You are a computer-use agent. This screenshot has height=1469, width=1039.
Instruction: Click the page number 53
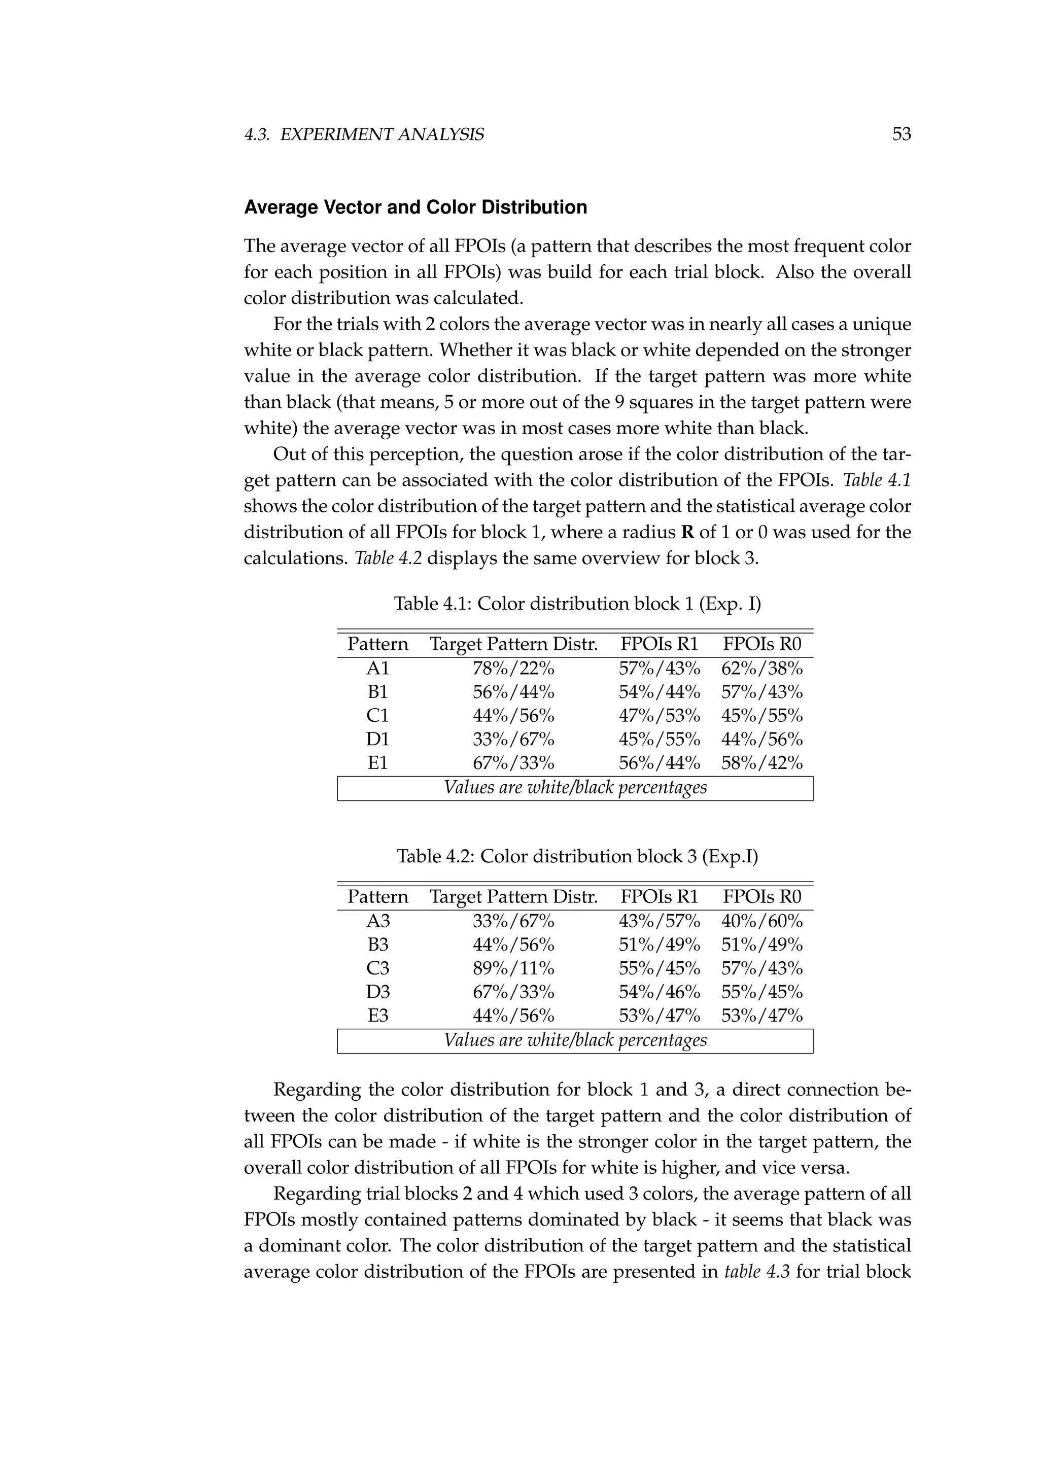pos(901,134)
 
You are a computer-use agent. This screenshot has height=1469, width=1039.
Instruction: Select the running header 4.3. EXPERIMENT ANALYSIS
pos(364,134)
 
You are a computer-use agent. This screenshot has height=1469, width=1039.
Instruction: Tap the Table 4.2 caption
pos(577,856)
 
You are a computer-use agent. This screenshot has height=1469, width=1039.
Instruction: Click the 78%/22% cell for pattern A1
pos(513,669)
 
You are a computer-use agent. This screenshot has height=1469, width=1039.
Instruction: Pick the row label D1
pos(377,740)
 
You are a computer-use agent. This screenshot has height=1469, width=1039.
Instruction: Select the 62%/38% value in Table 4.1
pos(761,669)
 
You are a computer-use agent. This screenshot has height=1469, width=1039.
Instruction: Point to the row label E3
pos(377,1016)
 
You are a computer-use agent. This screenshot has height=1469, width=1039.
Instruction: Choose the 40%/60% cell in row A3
pos(761,921)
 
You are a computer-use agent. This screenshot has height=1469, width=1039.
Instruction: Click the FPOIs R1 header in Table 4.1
pos(659,644)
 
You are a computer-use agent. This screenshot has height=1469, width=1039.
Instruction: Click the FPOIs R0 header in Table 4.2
pos(761,897)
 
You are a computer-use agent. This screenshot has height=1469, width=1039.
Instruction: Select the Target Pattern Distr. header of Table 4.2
pos(513,897)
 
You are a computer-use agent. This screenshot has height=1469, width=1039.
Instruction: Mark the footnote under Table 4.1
pos(575,788)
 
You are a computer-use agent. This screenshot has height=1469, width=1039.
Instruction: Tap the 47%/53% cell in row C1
pos(659,716)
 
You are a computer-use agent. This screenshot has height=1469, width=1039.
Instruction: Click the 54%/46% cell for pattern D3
pos(659,992)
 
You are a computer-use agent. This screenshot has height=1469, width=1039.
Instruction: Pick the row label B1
pos(377,692)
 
